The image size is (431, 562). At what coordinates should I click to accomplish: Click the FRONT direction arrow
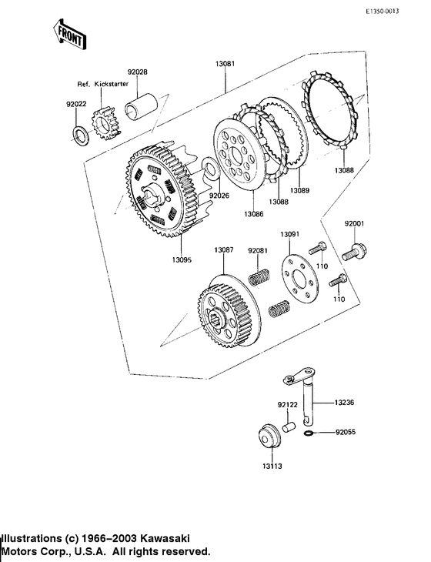point(69,35)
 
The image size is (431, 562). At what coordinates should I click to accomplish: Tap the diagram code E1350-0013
point(382,12)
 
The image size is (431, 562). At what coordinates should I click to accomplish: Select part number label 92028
point(138,72)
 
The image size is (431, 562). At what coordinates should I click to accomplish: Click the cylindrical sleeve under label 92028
point(141,105)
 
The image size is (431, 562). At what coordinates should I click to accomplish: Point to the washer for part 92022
point(81,135)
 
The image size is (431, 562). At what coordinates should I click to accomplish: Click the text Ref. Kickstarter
point(103,84)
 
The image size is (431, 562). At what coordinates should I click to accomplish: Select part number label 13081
point(225,64)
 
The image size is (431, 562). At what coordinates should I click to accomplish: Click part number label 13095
point(182,260)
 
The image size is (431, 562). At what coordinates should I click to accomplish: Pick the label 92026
point(219,196)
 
